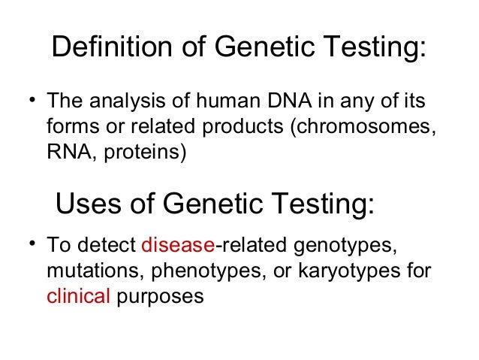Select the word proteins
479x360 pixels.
[143, 153]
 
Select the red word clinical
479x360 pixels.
[78, 296]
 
